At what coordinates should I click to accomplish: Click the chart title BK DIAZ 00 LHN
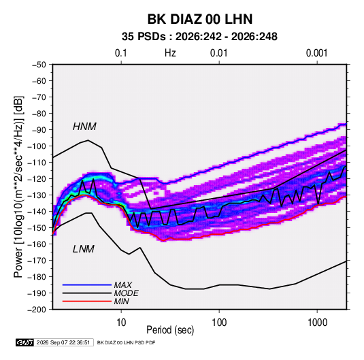tap(200, 19)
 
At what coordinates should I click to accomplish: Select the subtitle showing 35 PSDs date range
tap(199, 37)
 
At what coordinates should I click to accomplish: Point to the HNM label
tap(84, 127)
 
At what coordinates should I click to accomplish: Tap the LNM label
tap(83, 249)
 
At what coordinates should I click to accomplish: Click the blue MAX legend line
tap(87, 284)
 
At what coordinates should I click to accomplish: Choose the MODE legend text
tap(126, 293)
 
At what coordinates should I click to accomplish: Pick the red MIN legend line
tap(87, 301)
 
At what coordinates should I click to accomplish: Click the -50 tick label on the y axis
tap(39, 65)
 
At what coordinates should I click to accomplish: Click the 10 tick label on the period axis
tap(121, 323)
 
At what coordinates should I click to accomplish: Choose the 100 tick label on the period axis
tap(219, 323)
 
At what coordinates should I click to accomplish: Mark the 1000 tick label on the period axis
tap(317, 323)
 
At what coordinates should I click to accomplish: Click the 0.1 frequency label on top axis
tap(121, 53)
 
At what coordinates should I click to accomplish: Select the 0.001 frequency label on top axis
tap(316, 53)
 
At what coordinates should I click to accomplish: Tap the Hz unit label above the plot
tap(170, 53)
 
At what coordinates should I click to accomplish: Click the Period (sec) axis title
tap(170, 330)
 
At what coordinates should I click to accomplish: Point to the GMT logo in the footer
tap(25, 342)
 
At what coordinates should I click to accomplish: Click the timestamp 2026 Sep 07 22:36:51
tap(63, 342)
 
